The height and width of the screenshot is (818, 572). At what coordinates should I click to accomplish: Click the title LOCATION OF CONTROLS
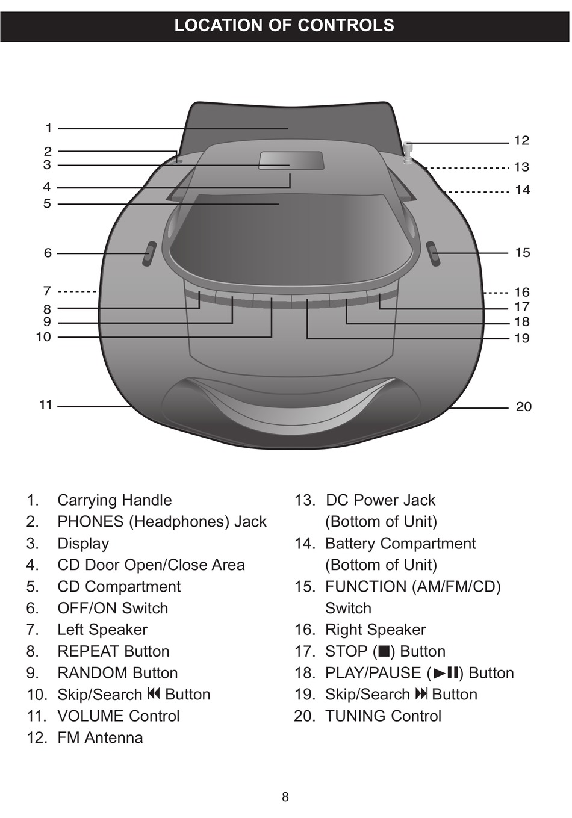pyautogui.click(x=284, y=25)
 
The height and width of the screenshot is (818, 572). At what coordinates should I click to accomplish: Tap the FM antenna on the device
pyautogui.click(x=408, y=153)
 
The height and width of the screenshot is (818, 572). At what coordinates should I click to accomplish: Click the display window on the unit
pyautogui.click(x=291, y=161)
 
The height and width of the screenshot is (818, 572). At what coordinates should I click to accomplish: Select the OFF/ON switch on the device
pyautogui.click(x=149, y=254)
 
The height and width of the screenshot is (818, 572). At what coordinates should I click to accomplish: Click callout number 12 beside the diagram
pyautogui.click(x=521, y=141)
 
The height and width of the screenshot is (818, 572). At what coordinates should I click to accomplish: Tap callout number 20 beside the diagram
pyautogui.click(x=523, y=406)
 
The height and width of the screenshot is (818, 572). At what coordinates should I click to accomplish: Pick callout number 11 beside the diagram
pyautogui.click(x=46, y=405)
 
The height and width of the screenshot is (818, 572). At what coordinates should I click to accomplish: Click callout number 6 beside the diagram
pyautogui.click(x=48, y=253)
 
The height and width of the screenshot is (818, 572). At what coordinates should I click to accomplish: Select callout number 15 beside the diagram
pyautogui.click(x=522, y=253)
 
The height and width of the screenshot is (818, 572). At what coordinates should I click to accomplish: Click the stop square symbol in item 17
pyautogui.click(x=383, y=651)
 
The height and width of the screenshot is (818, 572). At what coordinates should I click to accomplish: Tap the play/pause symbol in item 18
pyautogui.click(x=446, y=673)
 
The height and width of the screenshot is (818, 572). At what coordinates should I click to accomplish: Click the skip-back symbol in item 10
pyautogui.click(x=154, y=693)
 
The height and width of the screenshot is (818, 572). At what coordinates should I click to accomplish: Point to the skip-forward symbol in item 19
pyautogui.click(x=421, y=693)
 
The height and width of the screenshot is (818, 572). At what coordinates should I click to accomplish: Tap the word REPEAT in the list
pyautogui.click(x=89, y=651)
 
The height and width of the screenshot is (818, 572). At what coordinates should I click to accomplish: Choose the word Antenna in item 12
pyautogui.click(x=114, y=738)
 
